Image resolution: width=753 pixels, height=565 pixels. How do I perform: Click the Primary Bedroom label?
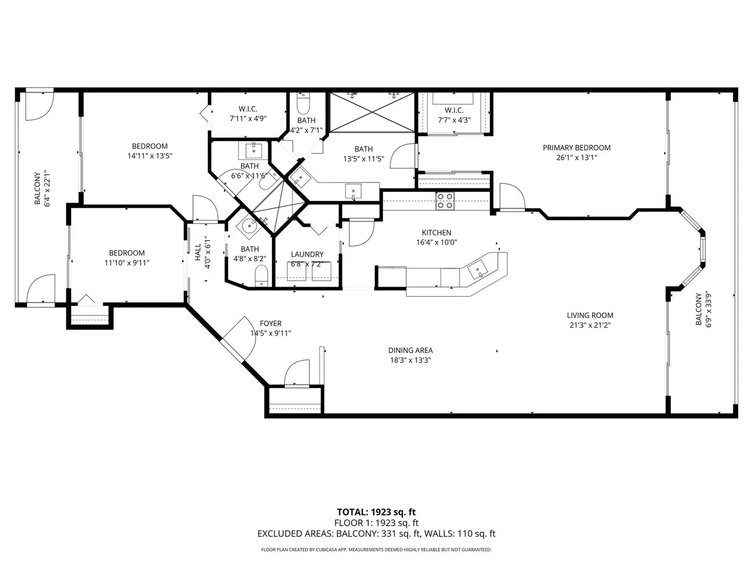[x=577, y=148]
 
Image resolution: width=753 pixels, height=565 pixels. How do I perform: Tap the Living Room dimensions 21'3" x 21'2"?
[x=590, y=325]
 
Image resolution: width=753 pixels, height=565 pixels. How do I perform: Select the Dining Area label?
[x=410, y=350]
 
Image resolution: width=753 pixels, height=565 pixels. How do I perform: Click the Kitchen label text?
[x=437, y=232]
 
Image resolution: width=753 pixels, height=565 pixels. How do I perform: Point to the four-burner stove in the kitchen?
[x=445, y=201]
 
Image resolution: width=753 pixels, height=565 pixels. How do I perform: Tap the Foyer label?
[x=271, y=324]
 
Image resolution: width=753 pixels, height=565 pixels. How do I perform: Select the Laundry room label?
[x=307, y=254]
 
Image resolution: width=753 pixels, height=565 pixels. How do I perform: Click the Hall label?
[x=198, y=252]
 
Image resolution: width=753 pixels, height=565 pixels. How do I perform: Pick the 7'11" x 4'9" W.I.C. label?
[x=248, y=114]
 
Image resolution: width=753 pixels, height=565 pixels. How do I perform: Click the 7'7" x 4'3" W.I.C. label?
[x=454, y=115]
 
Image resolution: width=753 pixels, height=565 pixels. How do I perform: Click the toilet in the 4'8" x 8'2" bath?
[x=261, y=275]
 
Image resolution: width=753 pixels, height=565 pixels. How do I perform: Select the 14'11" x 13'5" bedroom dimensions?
[x=150, y=156]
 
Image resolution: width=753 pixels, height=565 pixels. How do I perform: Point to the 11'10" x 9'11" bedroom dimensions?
[x=127, y=263]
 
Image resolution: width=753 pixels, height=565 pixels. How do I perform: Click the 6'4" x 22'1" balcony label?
[x=42, y=188]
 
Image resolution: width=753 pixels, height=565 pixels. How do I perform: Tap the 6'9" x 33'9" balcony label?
[x=703, y=310]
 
